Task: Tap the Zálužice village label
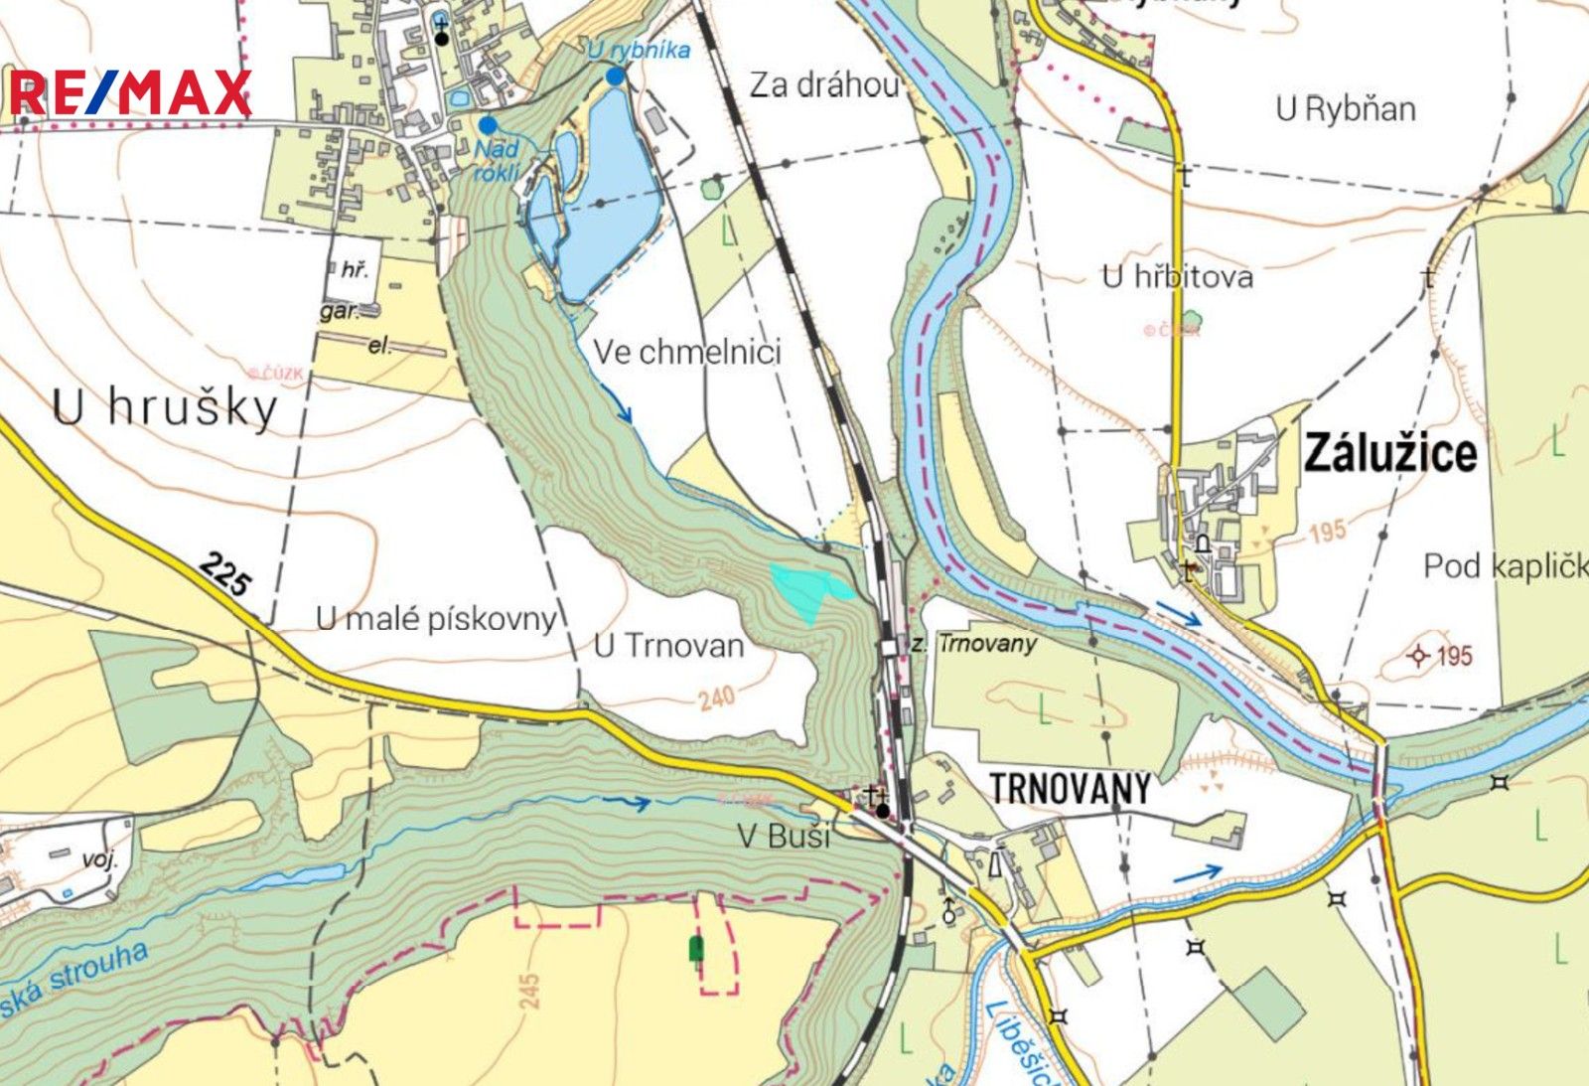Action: pos(1389,453)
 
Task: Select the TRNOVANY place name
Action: pos(1070,789)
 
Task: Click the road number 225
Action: pos(223,573)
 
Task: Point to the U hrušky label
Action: pos(165,407)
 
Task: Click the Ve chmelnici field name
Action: pos(687,352)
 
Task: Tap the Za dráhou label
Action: pos(823,85)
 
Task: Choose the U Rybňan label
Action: pos(1346,108)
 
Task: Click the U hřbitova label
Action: pos(1177,276)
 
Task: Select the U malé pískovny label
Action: pos(435,618)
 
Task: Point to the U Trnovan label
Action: pos(668,646)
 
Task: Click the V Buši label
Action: pos(784,836)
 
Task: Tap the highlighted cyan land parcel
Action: pos(806,588)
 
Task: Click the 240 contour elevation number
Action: pos(716,698)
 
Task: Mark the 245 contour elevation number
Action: pos(528,991)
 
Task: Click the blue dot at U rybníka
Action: pos(615,77)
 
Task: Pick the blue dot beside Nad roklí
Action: pos(488,125)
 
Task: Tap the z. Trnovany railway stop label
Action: pos(973,644)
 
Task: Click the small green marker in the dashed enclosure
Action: pos(696,949)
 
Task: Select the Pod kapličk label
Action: pos(1506,566)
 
